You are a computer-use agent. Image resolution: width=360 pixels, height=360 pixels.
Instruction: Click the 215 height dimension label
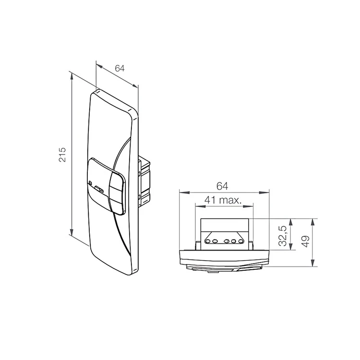pyautogui.click(x=62, y=155)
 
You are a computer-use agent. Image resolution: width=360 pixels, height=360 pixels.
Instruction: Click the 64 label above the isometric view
pyautogui.click(x=120, y=68)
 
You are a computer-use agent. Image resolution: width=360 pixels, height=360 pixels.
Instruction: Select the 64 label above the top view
pyautogui.click(x=222, y=186)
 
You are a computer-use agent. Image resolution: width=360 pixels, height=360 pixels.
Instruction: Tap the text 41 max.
pyautogui.click(x=223, y=200)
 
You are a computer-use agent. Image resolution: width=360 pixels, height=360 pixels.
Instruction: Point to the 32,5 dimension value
pyautogui.click(x=283, y=236)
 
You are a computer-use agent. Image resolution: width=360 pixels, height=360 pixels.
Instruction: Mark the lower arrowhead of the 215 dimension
pyautogui.click(x=72, y=232)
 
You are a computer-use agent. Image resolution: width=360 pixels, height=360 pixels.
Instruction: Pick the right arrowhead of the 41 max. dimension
pyautogui.click(x=248, y=206)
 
